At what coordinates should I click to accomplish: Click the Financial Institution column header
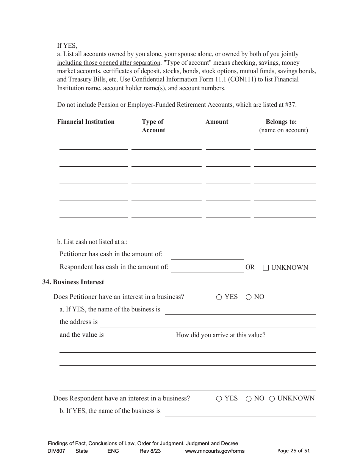86,122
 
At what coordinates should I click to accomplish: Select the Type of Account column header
153,126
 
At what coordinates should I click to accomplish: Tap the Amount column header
217,122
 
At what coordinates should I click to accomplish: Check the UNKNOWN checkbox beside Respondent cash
266,267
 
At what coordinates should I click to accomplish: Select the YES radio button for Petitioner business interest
219,297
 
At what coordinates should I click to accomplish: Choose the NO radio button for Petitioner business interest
249,297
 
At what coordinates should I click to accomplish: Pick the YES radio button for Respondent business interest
219,399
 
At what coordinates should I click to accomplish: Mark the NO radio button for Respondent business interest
249,399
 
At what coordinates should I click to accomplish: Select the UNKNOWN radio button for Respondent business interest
272,399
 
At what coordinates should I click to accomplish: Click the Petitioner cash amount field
207,255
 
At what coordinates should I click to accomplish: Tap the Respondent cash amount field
207,268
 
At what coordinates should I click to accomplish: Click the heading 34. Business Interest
73,282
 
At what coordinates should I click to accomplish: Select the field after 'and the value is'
139,336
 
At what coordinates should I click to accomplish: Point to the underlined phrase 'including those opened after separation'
109,63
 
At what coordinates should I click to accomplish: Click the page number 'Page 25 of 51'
294,451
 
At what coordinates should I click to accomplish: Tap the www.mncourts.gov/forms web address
214,451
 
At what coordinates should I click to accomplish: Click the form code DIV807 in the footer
56,451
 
